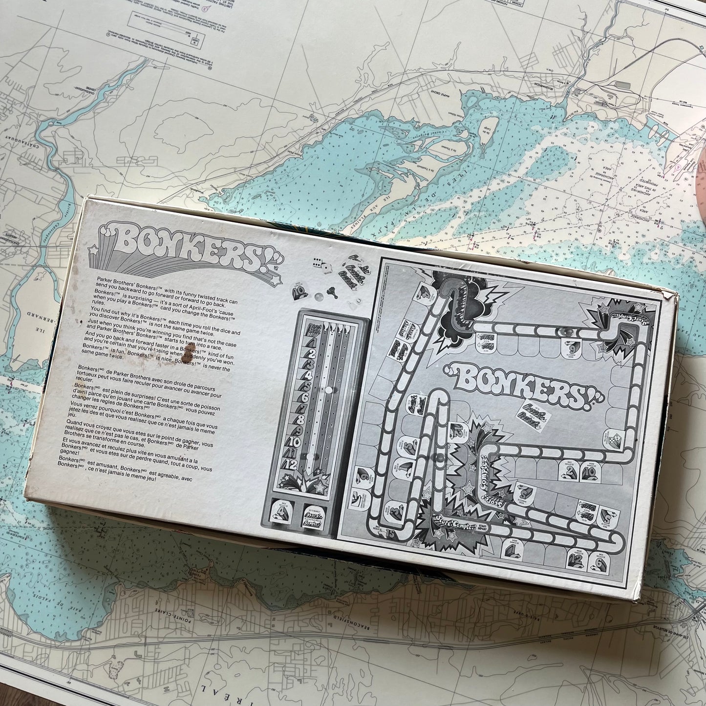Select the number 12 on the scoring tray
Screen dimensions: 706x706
[291, 464]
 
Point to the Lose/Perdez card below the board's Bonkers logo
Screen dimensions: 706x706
[534, 418]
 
